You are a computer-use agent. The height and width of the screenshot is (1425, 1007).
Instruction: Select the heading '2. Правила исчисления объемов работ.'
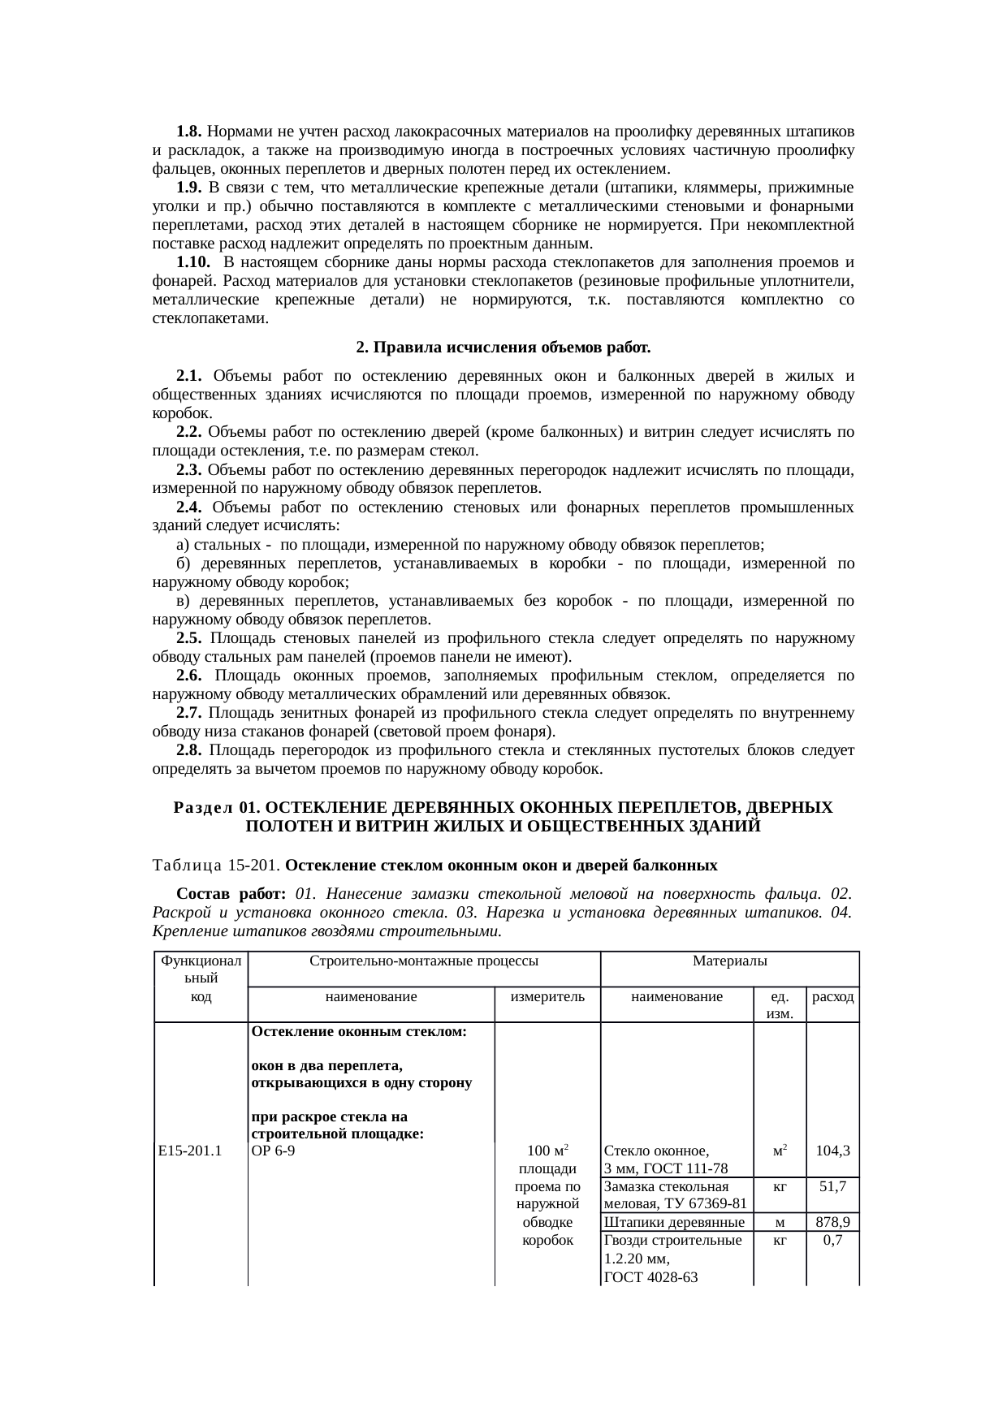503,348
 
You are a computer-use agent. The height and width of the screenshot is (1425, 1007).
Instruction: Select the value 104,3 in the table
832,1151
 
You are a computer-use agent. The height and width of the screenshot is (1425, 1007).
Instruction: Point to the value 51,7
832,1186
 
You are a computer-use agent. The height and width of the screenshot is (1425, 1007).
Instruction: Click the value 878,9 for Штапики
832,1222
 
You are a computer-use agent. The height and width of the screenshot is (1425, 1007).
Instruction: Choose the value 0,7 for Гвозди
832,1241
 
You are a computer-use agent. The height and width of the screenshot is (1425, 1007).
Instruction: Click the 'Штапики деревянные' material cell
675,1222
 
